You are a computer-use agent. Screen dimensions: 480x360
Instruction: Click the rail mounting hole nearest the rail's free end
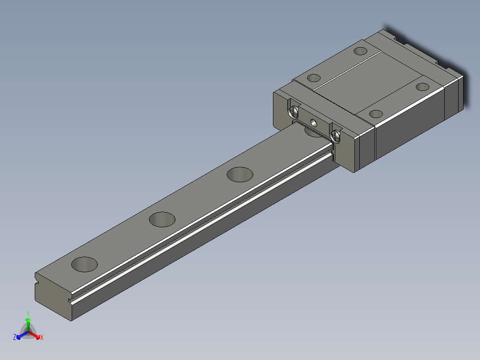click(85, 264)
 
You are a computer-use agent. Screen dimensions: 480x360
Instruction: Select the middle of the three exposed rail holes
click(162, 219)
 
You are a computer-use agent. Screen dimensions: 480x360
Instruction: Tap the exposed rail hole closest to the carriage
click(240, 175)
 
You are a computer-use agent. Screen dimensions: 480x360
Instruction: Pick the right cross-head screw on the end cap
click(336, 135)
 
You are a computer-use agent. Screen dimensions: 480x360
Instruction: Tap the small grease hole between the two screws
click(314, 123)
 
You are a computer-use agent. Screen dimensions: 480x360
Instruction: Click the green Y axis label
click(28, 313)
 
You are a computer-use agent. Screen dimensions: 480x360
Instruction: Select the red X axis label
click(42, 337)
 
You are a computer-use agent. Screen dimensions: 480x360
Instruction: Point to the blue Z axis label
click(14, 337)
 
